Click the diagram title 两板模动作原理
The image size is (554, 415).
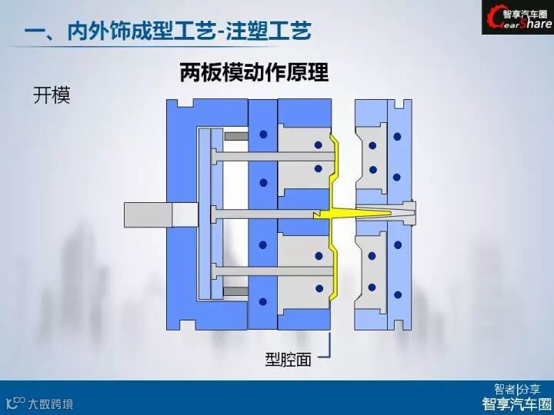pos(254,73)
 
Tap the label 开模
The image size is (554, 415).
pos(52,96)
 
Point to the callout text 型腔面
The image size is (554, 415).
pos(289,359)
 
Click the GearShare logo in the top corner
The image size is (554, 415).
pos(517,18)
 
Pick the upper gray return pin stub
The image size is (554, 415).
pos(236,136)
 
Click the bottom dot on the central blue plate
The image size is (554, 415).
pos(263,301)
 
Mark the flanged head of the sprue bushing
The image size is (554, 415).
pos(414,209)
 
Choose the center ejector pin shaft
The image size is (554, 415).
pos(262,209)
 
